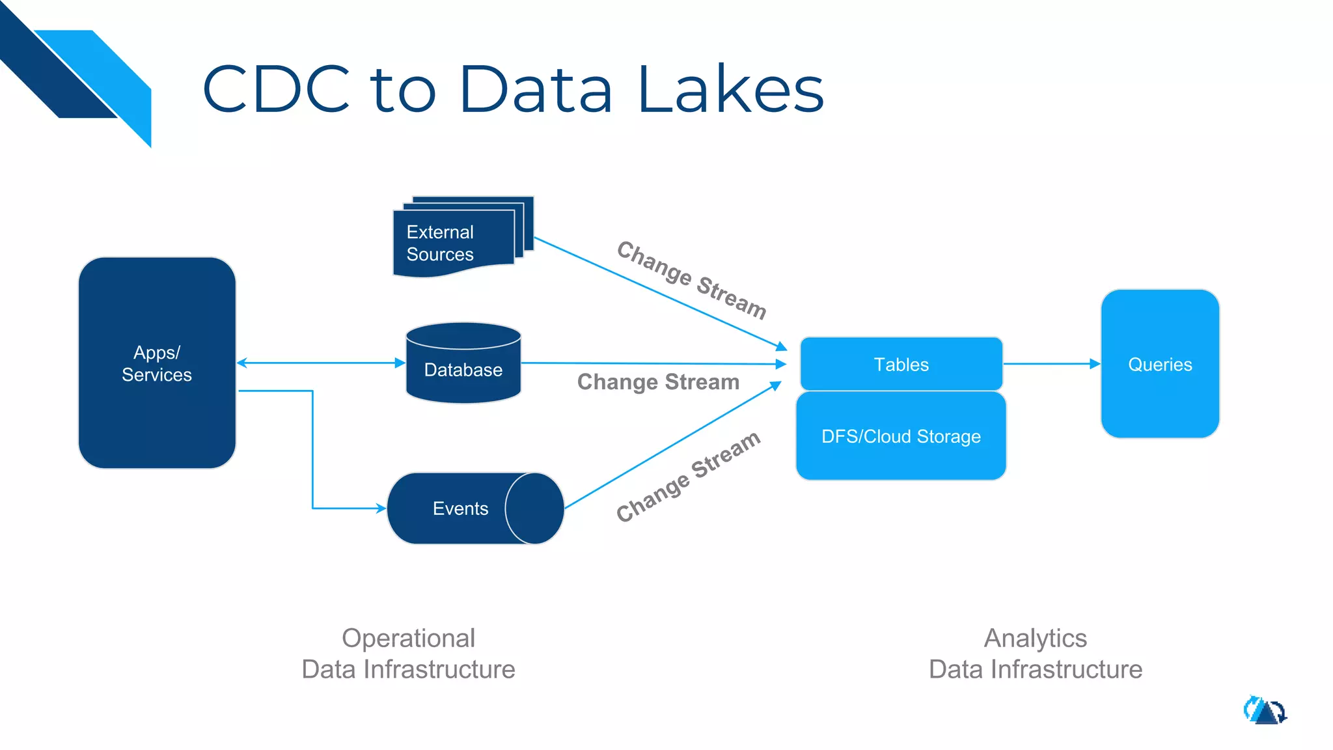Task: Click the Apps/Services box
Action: click(x=157, y=363)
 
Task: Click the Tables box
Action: click(x=901, y=365)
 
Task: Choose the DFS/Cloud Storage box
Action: click(x=901, y=436)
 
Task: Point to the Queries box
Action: click(x=1160, y=364)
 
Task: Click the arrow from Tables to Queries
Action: click(x=1051, y=364)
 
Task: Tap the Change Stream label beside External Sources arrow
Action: click(x=691, y=280)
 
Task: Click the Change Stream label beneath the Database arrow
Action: click(x=658, y=382)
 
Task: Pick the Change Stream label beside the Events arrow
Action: click(x=688, y=476)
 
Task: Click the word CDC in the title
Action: click(x=276, y=89)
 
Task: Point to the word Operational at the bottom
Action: click(x=408, y=638)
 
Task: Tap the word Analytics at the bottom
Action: click(x=1035, y=638)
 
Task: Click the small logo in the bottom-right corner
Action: click(x=1265, y=710)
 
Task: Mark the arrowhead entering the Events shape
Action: click(x=381, y=508)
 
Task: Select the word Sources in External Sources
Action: click(x=440, y=255)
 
